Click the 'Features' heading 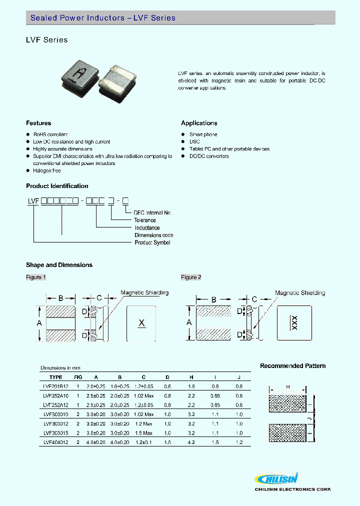pos(38,123)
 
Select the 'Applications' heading pos(199,123)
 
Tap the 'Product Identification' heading pos(57,186)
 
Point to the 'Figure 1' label pos(36,277)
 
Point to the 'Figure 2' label pos(191,277)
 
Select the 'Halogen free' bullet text pos(47,170)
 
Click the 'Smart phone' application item pos(203,134)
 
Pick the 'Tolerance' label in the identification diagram pos(145,220)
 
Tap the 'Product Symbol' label pos(152,242)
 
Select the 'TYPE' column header pos(56,377)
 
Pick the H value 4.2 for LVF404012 pos(192,442)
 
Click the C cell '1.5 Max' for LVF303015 pos(143,433)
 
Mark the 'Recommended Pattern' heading pos(292,366)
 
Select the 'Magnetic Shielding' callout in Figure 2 pos(300,293)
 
